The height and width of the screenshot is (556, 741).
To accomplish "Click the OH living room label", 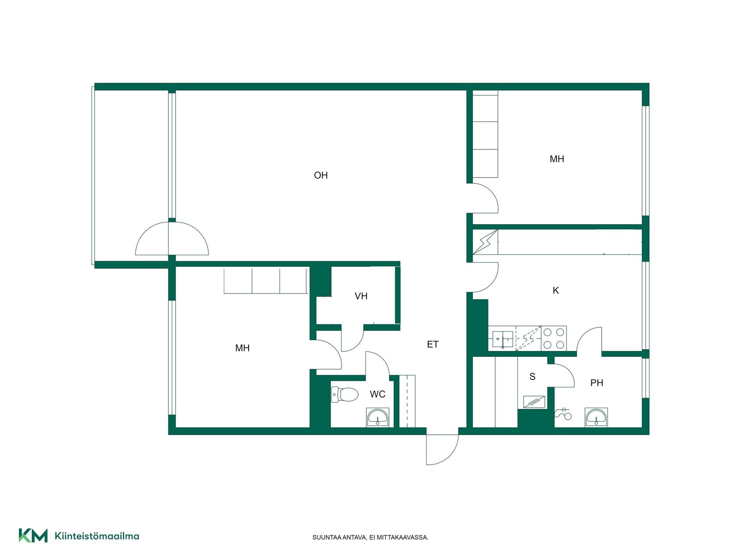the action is pos(321,175).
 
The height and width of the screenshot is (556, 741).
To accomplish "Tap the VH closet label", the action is pos(361,296).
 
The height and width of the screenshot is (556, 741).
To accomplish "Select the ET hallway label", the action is pos(433,344).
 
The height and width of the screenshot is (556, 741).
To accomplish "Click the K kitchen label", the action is pos(556,290).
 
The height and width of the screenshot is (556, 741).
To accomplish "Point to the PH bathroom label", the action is pos(597,383).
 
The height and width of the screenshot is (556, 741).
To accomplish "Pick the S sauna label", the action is pos(533,376).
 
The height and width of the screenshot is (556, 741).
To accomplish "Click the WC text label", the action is pos(377,394).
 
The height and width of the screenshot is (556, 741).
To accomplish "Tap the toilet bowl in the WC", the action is pos(345,395).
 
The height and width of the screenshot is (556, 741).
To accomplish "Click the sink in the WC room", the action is pos(377,417).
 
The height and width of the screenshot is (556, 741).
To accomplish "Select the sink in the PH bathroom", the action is pos(596,417).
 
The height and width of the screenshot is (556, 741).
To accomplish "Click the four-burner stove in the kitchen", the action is pos(554,338).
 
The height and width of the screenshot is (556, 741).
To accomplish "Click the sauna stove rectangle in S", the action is pos(534,402).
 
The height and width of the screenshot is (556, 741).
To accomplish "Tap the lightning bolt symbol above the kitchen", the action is pos(485,242).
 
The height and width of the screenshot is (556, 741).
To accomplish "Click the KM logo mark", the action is pos(33,536).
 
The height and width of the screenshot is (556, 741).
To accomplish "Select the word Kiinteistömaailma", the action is pos(97,536).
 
